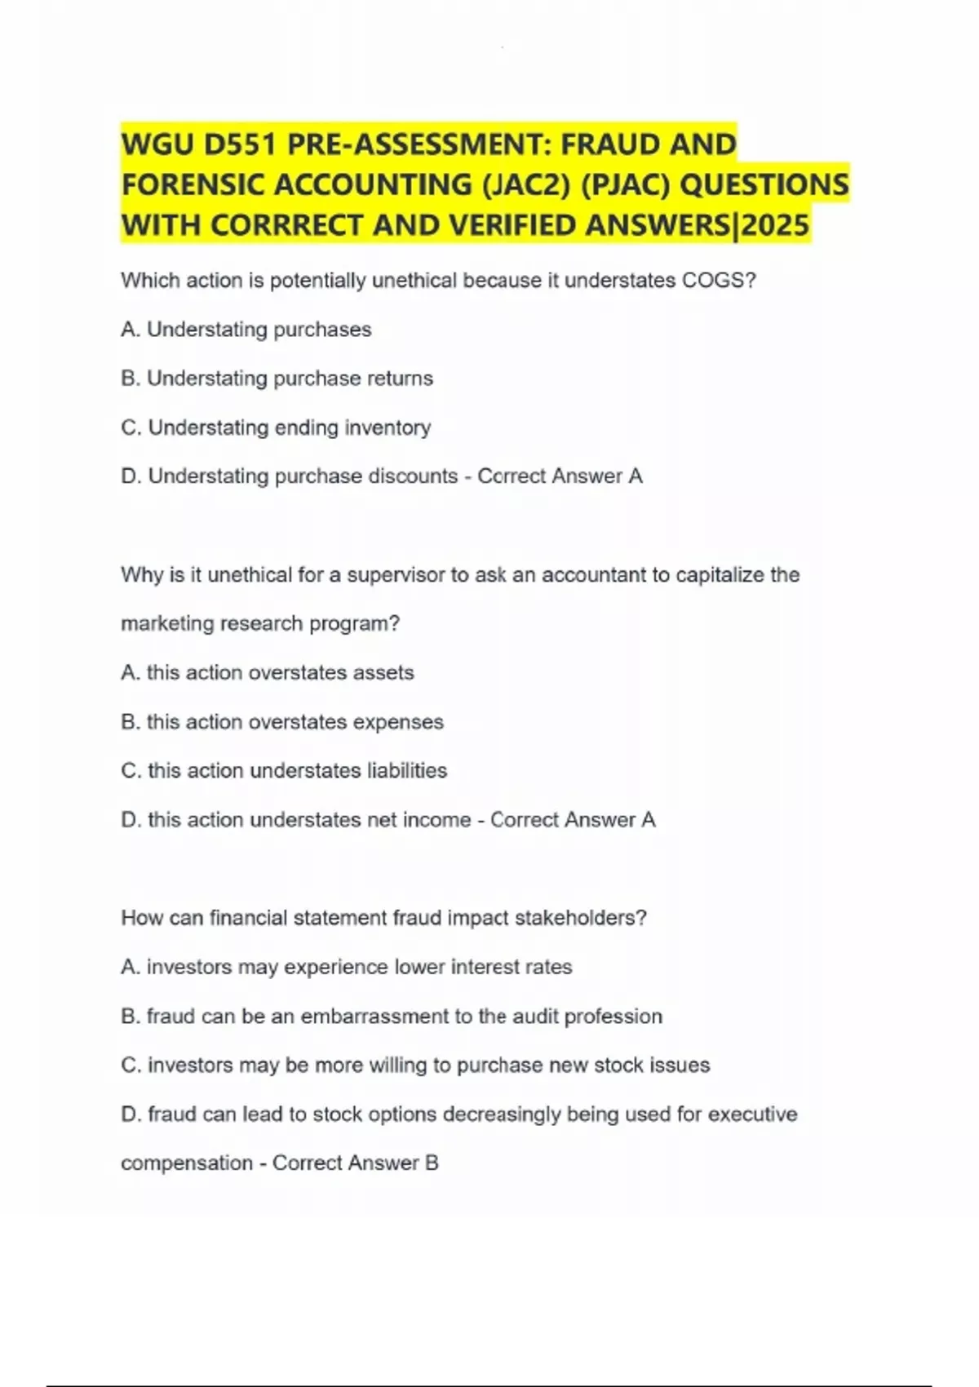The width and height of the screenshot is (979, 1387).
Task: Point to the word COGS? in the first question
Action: pyautogui.click(x=719, y=281)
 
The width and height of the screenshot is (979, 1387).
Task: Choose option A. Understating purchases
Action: pyautogui.click(x=246, y=330)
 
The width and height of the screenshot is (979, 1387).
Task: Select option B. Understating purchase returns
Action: pyautogui.click(x=277, y=379)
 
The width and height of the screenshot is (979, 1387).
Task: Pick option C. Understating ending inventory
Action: pyautogui.click(x=276, y=428)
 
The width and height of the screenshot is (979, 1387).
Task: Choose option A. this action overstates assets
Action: pyautogui.click(x=268, y=673)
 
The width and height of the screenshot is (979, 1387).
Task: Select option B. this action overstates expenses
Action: pyautogui.click(x=282, y=722)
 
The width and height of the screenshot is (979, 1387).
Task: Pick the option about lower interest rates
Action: pyautogui.click(x=347, y=967)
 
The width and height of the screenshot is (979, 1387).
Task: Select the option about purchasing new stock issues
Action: pyautogui.click(x=415, y=1066)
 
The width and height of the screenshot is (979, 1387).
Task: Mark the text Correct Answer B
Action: pyautogui.click(x=356, y=1163)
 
